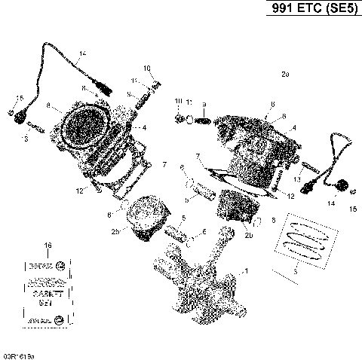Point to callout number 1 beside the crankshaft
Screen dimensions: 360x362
click(x=244, y=270)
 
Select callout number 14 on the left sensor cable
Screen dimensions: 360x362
click(x=82, y=52)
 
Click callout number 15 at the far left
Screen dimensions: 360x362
click(x=20, y=99)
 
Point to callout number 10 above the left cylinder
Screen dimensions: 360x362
click(x=147, y=69)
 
